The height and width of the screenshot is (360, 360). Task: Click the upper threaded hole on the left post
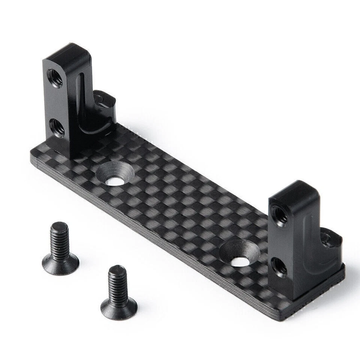(55, 78)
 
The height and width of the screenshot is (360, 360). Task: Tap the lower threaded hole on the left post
(57, 128)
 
